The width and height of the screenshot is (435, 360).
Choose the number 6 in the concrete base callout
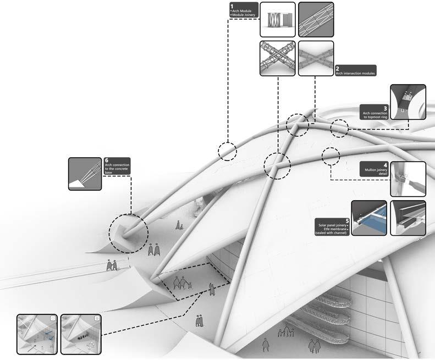coord(107,160)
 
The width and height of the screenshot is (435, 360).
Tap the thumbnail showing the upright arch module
coord(277,20)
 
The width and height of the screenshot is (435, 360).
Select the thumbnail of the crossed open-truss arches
coord(277,58)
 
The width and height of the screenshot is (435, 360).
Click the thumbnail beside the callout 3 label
coord(408,102)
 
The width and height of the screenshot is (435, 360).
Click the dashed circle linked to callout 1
coord(227,150)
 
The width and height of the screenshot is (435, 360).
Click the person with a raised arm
coord(212,289)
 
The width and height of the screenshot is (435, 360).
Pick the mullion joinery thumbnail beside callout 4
coord(408,179)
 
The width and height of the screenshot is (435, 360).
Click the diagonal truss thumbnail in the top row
coord(316,20)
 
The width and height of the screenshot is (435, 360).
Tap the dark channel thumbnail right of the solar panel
coord(408,218)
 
